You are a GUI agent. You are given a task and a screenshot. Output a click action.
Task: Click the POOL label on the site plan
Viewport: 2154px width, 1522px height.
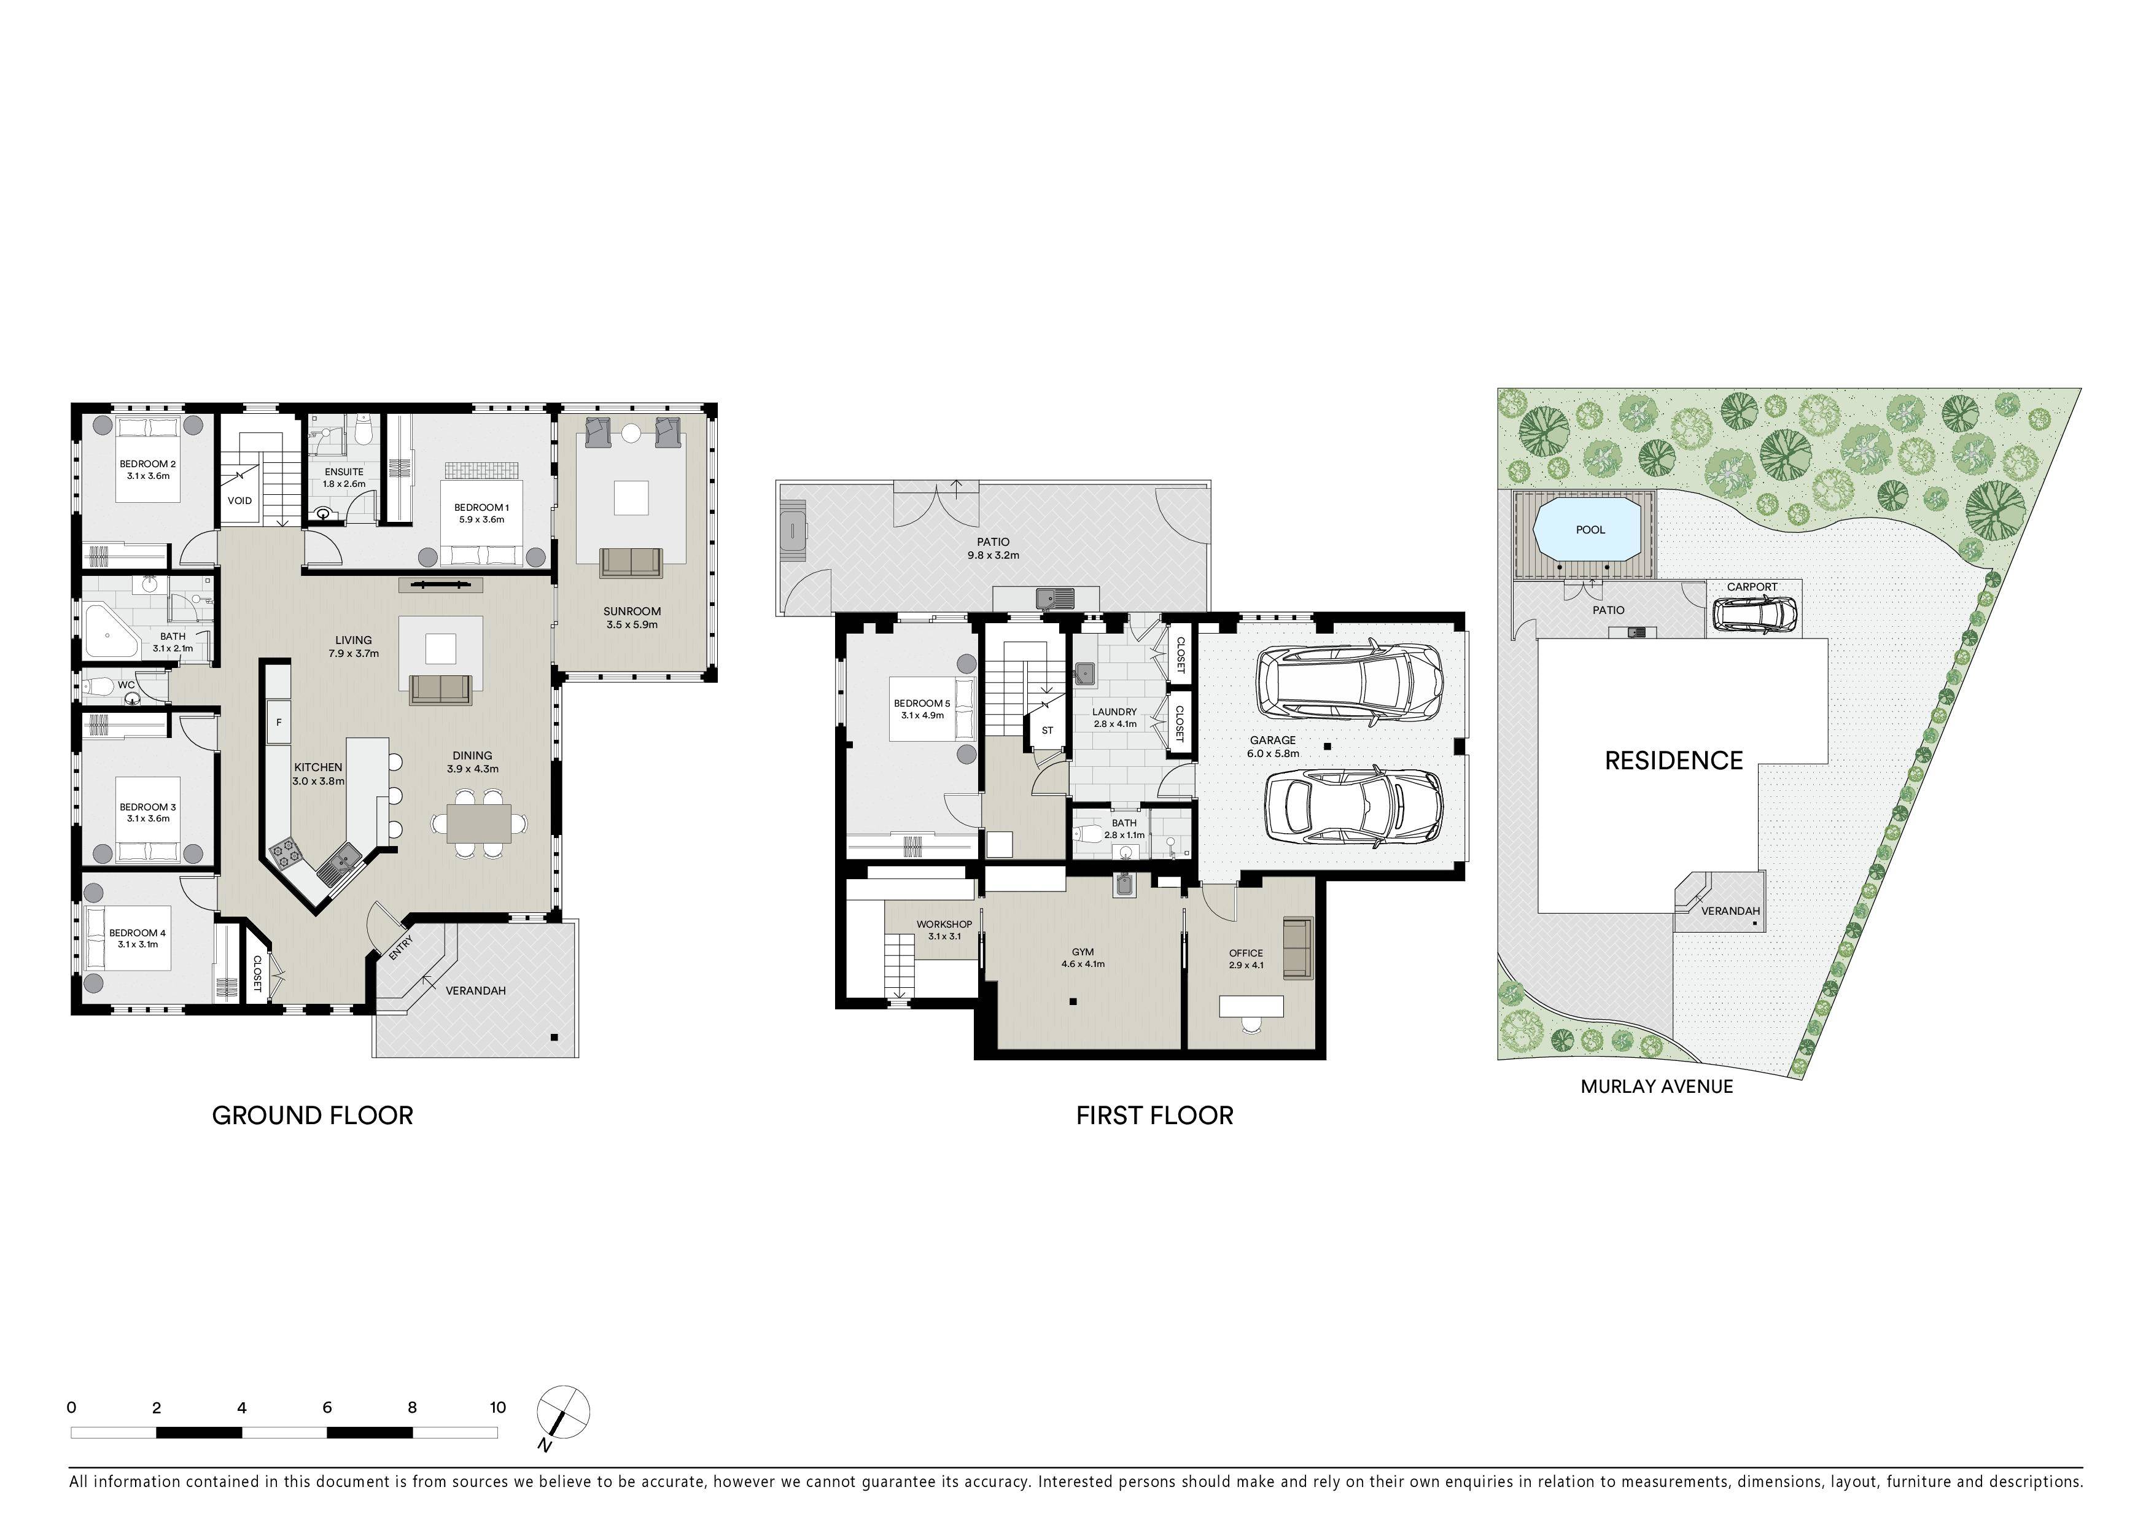click(x=1590, y=530)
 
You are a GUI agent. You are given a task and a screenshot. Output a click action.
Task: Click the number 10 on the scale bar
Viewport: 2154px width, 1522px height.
click(x=497, y=1408)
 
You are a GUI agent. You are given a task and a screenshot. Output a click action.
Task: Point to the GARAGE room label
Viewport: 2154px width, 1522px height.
click(x=1272, y=740)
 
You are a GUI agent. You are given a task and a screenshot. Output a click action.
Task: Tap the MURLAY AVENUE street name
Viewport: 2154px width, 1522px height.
click(x=1657, y=1086)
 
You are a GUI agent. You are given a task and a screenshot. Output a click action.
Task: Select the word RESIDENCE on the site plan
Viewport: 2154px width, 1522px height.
click(x=1674, y=761)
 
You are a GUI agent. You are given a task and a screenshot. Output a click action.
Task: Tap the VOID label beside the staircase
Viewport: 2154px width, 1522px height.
click(x=239, y=501)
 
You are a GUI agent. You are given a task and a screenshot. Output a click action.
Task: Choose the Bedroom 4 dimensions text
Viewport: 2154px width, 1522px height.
click(x=138, y=944)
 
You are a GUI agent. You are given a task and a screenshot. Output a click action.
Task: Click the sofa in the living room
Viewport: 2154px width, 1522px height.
click(x=441, y=689)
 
